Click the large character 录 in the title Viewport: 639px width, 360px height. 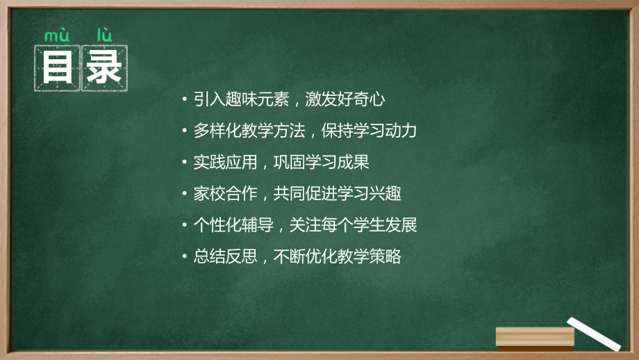(105, 68)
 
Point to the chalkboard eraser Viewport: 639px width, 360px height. (535, 337)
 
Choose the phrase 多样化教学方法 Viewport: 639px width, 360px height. (246, 131)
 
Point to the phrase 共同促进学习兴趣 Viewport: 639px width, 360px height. (338, 194)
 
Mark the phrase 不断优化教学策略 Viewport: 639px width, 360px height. (338, 256)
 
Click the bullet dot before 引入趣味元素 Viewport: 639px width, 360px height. (184, 99)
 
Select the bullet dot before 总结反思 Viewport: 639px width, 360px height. (184, 256)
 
